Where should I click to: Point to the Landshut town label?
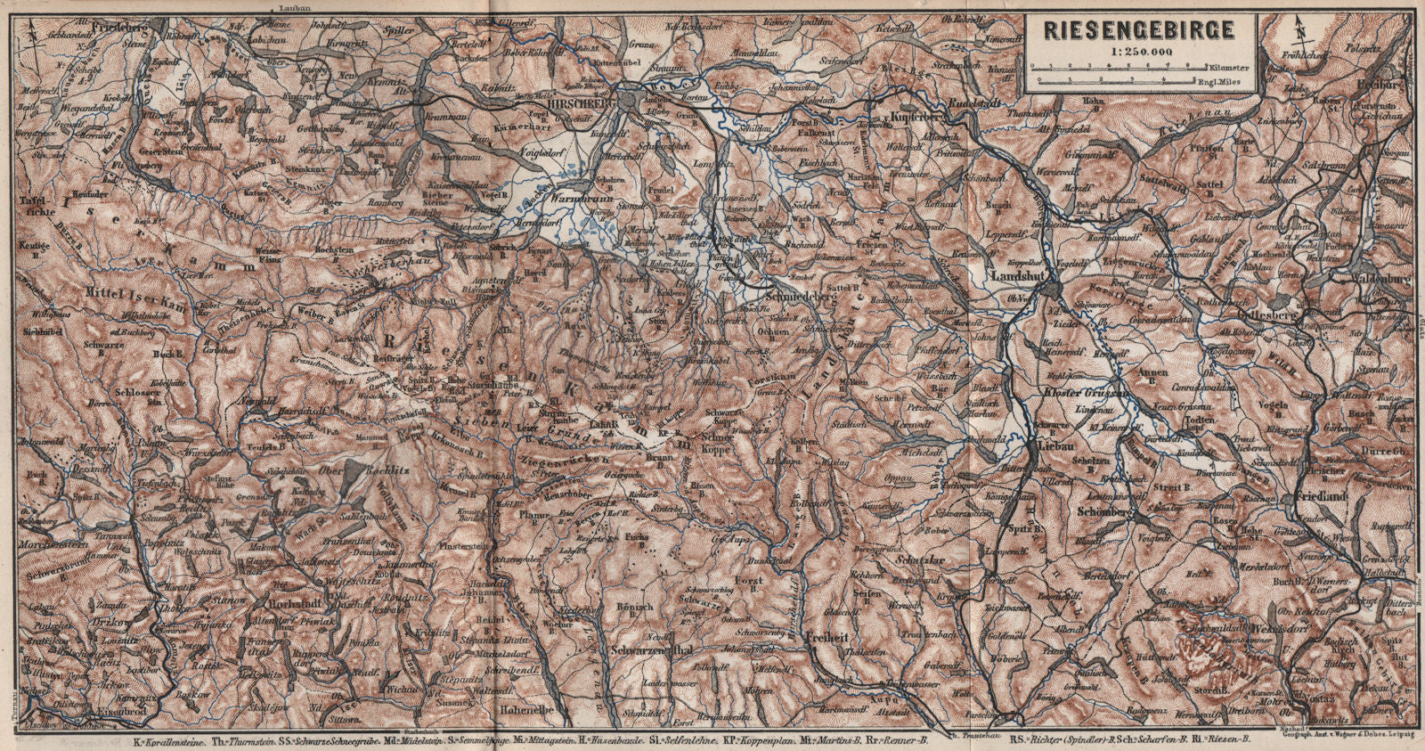pyautogui.click(x=1018, y=277)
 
